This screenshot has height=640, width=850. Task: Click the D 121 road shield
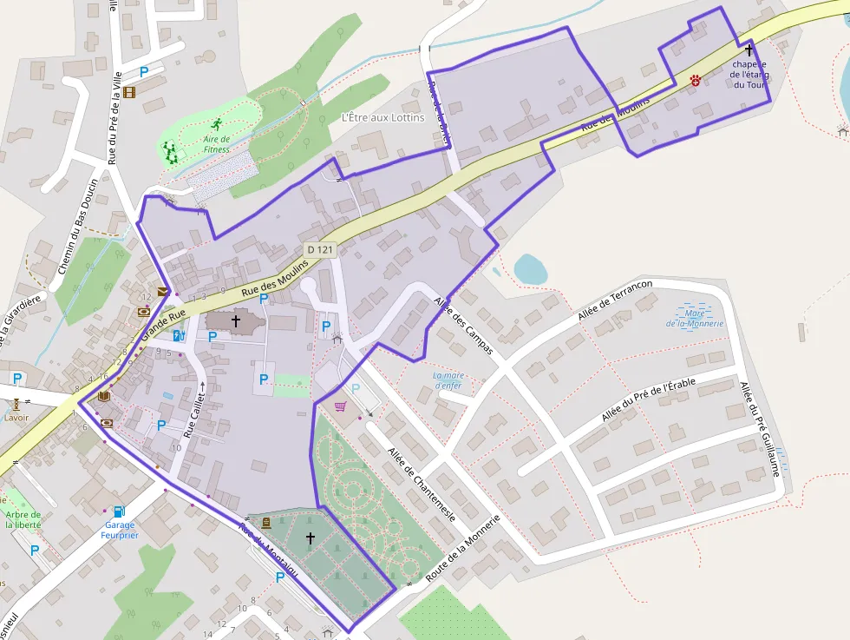tap(320, 250)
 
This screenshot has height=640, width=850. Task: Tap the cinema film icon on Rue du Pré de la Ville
tap(129, 92)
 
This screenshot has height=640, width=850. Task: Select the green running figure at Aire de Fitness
tap(215, 122)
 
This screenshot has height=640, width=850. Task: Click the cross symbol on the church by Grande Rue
tap(235, 321)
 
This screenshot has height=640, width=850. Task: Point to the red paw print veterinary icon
tap(696, 80)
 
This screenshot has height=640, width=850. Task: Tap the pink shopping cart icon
tap(340, 406)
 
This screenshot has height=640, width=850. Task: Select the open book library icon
tap(103, 396)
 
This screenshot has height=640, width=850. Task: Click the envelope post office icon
tap(162, 292)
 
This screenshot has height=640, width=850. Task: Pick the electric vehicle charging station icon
tap(178, 336)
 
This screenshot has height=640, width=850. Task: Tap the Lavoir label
tap(16, 417)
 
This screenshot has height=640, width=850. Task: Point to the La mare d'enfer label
tap(449, 380)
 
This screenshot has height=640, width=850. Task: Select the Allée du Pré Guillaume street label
tap(762, 429)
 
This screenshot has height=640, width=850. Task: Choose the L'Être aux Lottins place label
tap(382, 117)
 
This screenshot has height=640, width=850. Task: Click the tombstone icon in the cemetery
tap(265, 523)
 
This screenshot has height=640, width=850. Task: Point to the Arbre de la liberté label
tap(23, 519)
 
